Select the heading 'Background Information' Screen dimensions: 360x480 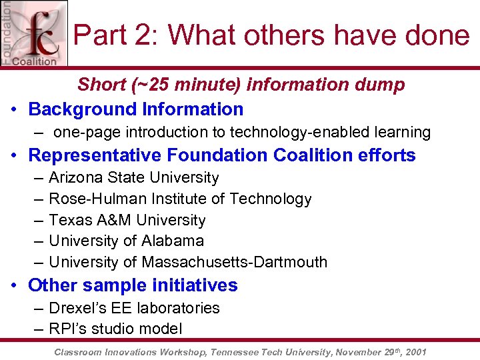(x=136, y=109)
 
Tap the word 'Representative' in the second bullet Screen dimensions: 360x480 (x=95, y=155)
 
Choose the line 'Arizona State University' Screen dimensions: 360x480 (x=133, y=178)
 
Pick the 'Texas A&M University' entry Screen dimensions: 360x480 (x=127, y=220)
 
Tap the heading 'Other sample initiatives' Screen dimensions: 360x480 (x=133, y=285)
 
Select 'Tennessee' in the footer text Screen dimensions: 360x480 (x=235, y=351)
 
